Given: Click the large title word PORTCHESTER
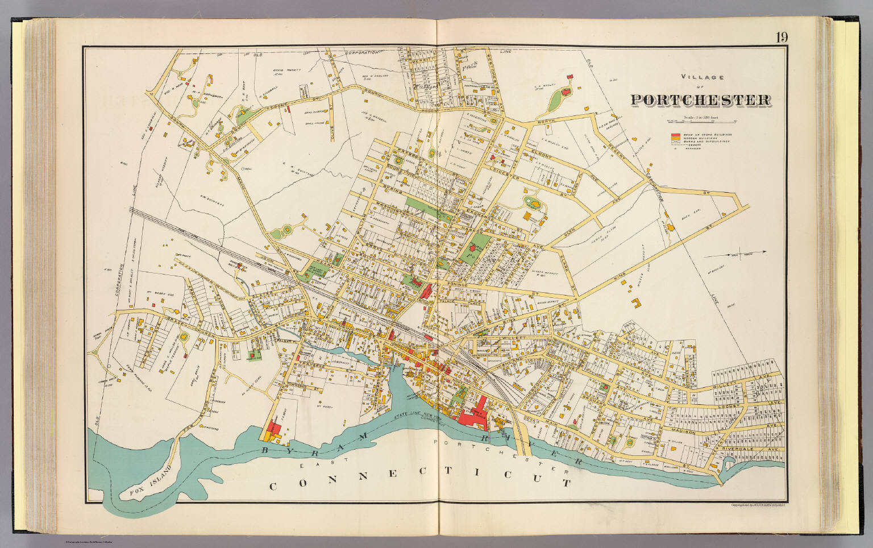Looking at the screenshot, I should (700, 100).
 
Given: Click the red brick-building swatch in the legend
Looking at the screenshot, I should (675, 135).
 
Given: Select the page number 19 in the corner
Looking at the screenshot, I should (780, 38).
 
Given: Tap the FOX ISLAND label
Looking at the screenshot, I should (142, 485).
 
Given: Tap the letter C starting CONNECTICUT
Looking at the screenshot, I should (273, 487).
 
